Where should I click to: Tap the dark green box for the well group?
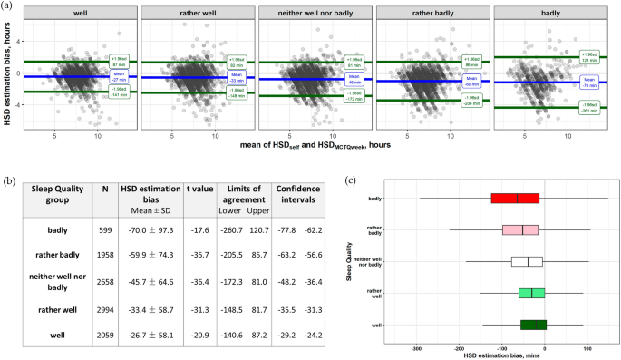pos(533,324)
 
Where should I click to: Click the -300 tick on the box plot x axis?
pos(416,349)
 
